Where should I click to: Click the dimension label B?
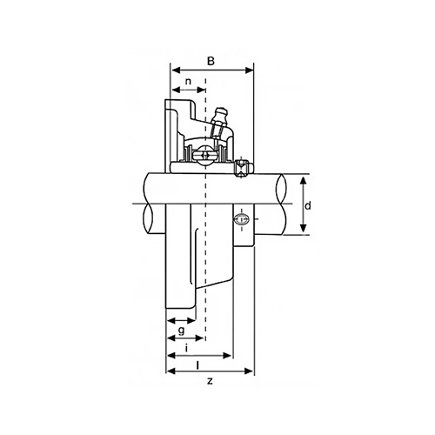point(211,61)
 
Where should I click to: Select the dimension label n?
point(189,82)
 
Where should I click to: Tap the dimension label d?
point(308,205)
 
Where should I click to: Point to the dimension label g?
point(181,331)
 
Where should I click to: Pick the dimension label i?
point(187,348)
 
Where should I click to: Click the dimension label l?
point(197,365)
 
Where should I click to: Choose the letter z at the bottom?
point(210,381)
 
